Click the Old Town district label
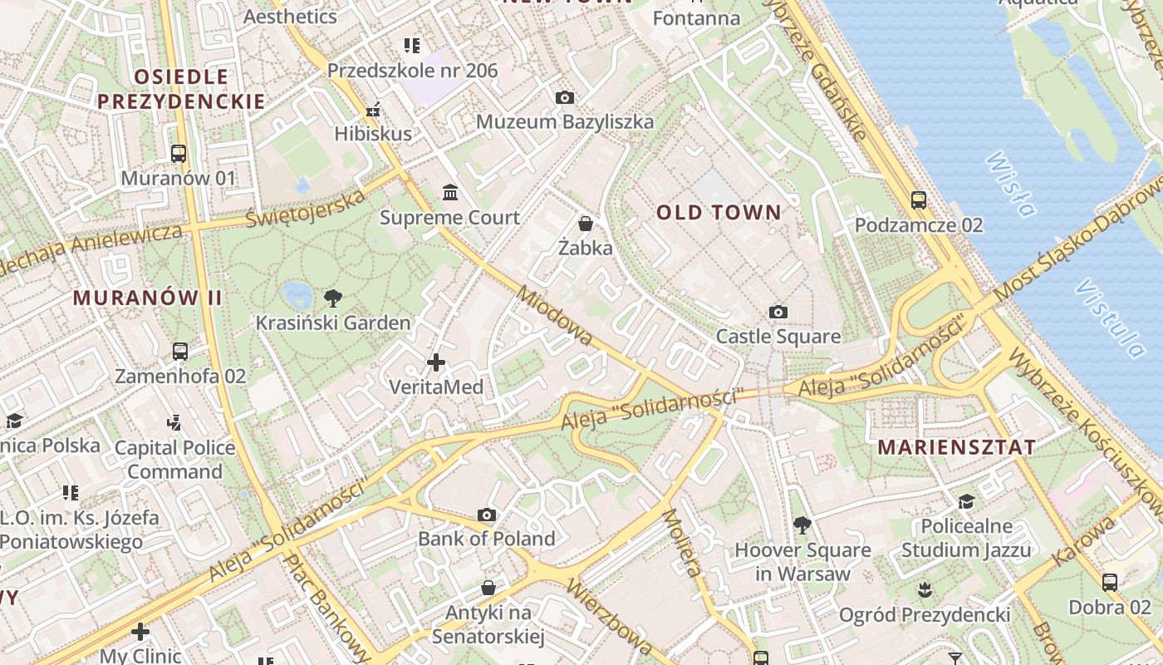tap(719, 212)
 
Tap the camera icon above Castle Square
tap(778, 312)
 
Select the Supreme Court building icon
tap(450, 193)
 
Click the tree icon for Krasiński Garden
tap(332, 298)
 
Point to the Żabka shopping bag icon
tap(586, 223)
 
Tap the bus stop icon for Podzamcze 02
tap(918, 199)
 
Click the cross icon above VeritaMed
tap(436, 362)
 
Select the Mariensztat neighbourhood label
tap(956, 446)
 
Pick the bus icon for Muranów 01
tap(179, 153)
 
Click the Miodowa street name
tap(555, 316)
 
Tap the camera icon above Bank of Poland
tap(487, 515)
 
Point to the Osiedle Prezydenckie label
tap(181, 89)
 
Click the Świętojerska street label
tap(306, 209)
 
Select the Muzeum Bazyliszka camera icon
tap(564, 97)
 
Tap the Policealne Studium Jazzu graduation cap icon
tap(966, 501)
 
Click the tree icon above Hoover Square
tap(802, 525)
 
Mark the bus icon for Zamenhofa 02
tap(180, 351)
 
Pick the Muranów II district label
tap(148, 297)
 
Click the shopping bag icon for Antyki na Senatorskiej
tap(488, 588)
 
